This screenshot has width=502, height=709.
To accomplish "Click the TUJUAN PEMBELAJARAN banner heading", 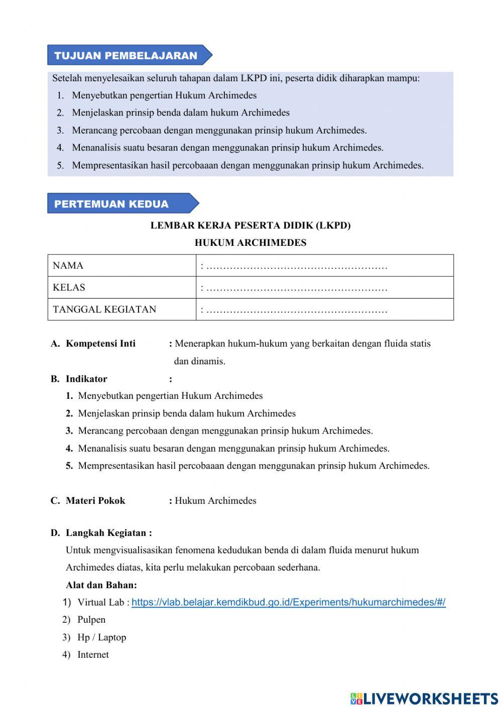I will point(125,56).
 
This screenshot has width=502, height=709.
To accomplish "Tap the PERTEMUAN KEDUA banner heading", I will point(111,204).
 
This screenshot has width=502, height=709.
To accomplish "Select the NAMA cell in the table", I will point(121,265).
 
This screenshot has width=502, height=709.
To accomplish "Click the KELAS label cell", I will point(121,288).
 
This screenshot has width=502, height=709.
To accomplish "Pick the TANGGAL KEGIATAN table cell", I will point(121,309).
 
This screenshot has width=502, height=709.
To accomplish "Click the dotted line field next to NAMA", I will point(296,266).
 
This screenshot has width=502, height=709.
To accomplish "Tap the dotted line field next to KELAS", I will point(296,288).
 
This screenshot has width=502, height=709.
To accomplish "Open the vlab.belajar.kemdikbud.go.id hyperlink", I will point(288,602).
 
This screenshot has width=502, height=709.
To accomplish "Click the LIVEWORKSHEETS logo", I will point(424,698).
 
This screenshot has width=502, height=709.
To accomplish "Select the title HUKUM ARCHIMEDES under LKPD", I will point(250,243).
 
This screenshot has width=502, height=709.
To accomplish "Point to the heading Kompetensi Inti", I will point(100,344).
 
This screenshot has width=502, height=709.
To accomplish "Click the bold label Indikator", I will point(86,379).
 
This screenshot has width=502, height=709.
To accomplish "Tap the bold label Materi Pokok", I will point(95,500).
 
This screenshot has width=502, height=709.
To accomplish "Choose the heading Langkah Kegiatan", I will point(108,533).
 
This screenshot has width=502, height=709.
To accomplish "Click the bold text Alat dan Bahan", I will point(101,585).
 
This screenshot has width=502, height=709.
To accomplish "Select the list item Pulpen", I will point(91,620).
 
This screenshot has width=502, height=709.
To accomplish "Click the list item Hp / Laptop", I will point(101,637).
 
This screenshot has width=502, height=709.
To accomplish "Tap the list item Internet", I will point(93,655).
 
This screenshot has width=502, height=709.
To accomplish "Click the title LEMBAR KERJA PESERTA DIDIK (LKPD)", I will point(250,225).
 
